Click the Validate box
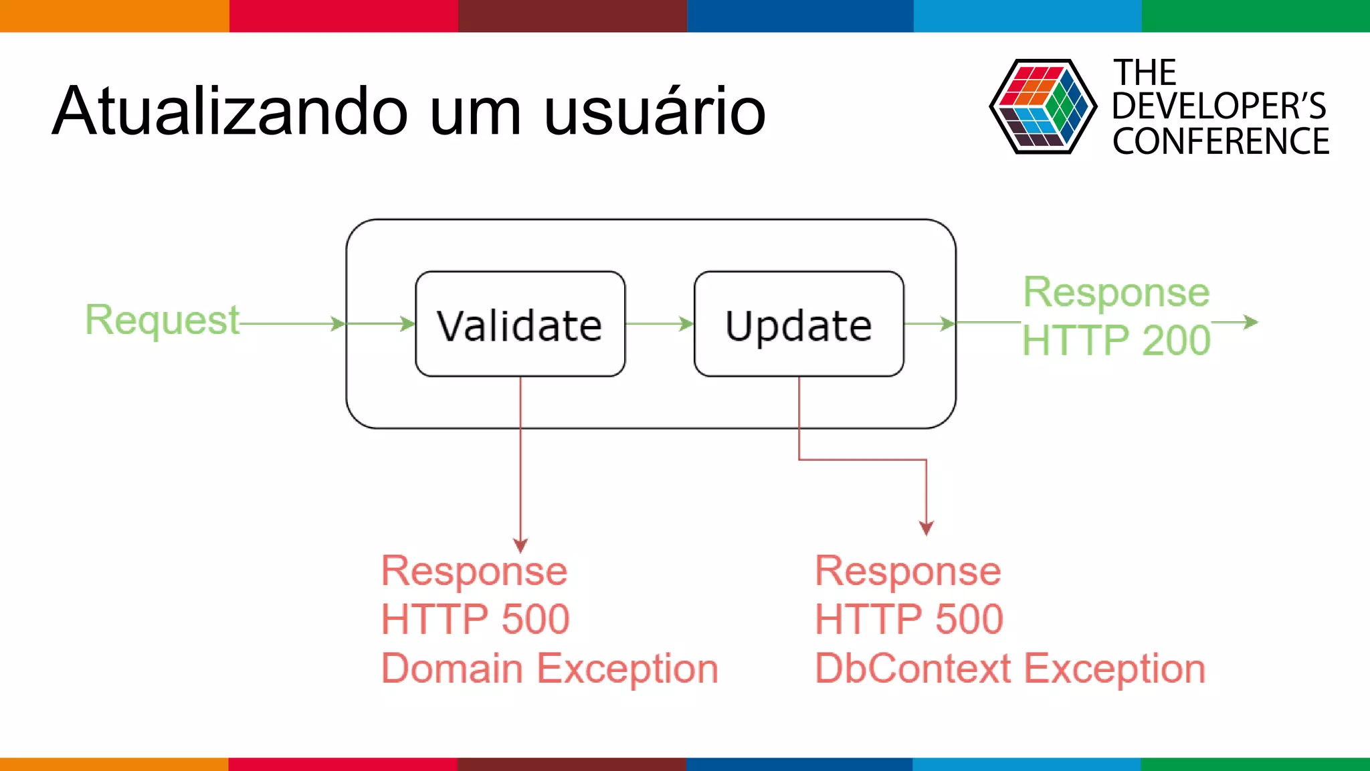pos(520,325)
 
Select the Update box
pos(799,325)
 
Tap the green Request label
pos(162,320)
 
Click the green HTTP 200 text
pos(1116,340)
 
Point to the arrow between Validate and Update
pos(660,324)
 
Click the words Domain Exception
pos(549,668)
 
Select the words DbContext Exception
pos(1010,668)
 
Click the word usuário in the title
pos(654,112)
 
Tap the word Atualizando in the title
pos(230,112)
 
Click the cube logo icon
pos(1042,106)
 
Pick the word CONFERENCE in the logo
pos(1220,142)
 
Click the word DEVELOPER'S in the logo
pos(1219,106)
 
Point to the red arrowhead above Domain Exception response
pos(520,545)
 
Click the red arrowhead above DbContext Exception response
pos(926,528)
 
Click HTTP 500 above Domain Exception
pos(475,619)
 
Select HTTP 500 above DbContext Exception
pos(908,619)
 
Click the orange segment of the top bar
pos(114,15)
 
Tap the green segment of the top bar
pos(1255,15)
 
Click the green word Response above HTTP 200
pos(1116,292)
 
